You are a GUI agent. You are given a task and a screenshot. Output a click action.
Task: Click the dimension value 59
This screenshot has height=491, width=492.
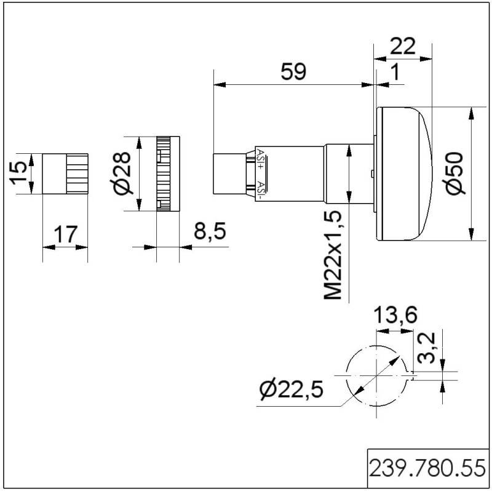293,71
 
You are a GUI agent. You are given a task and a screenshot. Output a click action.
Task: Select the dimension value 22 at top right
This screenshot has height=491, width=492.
403,46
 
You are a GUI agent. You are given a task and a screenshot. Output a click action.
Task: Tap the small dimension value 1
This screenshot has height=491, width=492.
395,72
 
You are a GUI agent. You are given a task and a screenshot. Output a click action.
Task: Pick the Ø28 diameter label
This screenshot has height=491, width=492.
123,174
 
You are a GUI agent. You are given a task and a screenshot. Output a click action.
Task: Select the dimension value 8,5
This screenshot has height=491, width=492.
210,232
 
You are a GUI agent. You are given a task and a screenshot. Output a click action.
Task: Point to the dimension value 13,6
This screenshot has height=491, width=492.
396,315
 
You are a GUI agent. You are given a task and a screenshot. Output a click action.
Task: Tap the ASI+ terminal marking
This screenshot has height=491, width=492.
261,158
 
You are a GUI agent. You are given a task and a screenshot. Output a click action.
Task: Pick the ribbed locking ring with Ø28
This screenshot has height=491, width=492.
168,174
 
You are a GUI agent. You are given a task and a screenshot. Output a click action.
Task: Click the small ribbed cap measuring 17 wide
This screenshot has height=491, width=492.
65,174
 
